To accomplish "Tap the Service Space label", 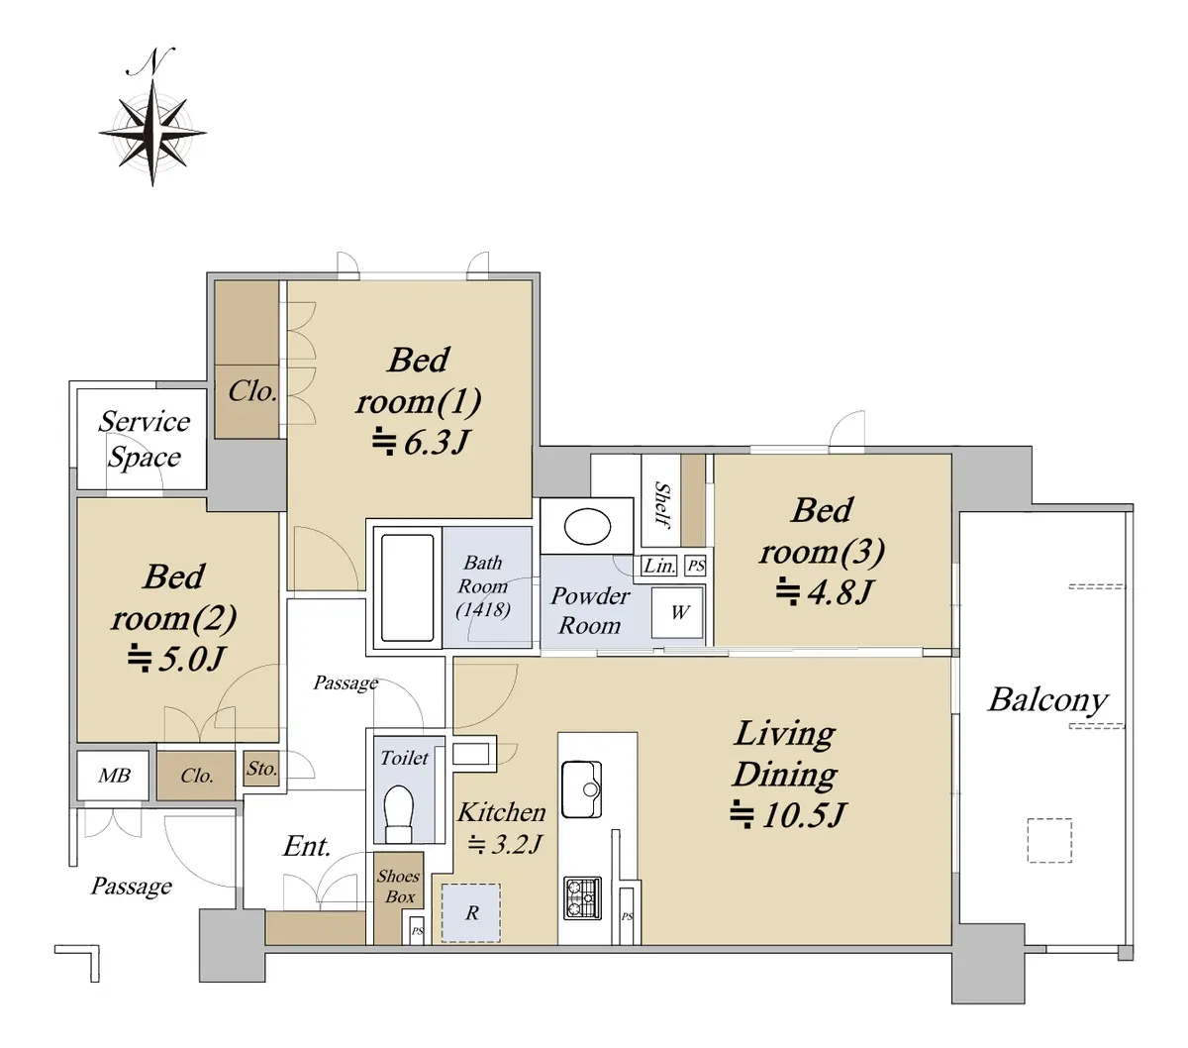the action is pos(144,439).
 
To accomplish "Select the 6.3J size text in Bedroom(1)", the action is pos(420,443).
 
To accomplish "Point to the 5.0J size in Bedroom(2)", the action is pos(175,659).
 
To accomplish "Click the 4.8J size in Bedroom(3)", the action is pos(824,592).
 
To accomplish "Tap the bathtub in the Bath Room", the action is pos(407,586).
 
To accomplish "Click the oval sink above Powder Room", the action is pos(586,526).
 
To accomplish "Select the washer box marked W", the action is pos(677,612).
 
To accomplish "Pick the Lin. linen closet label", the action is pos(658,566).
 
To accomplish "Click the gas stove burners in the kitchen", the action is pos(582,897).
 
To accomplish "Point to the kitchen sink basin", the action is pos(581,789).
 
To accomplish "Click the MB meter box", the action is pos(113,776).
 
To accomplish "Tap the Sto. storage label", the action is pos(261,768).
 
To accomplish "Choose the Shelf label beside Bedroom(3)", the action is pos(662,504).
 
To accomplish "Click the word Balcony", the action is pos(1047,700).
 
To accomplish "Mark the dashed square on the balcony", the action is pos(1049,840).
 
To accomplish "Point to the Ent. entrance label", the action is pos(306,847).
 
